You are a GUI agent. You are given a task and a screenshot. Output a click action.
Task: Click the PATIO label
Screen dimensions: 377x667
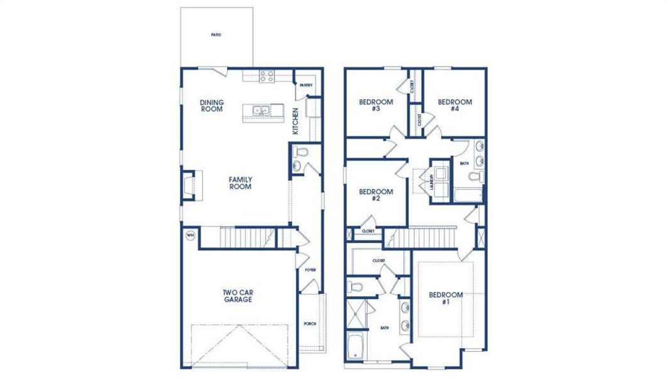coord(216,35)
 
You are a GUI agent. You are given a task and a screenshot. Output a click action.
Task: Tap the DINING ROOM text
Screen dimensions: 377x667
coord(212,106)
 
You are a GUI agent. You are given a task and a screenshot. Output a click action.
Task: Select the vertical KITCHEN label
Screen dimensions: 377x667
coord(295,121)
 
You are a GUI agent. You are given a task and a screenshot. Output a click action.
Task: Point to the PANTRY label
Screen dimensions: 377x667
coord(306,85)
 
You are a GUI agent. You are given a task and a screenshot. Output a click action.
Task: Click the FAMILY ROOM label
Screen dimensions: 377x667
coord(240,183)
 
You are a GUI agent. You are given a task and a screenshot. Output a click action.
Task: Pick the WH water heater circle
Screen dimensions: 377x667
coord(190,236)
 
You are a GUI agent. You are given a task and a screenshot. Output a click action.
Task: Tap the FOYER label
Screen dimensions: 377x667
coord(310,270)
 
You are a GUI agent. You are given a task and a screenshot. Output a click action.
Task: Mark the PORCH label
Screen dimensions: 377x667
coord(310,324)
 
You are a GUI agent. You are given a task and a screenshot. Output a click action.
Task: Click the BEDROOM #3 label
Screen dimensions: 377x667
coord(376,106)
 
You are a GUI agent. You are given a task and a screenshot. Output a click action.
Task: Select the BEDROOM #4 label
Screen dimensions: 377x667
coord(455,106)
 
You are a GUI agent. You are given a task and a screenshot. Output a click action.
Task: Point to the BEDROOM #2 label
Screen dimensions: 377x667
coord(376,195)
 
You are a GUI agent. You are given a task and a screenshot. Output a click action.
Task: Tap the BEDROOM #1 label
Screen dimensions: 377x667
coord(446,298)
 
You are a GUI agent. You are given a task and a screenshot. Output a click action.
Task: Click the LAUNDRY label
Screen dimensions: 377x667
coord(432,182)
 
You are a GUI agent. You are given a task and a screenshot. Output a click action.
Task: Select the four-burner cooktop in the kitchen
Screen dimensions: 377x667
coord(267,76)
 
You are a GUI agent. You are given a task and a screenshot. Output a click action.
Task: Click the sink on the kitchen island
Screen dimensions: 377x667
coord(261,111)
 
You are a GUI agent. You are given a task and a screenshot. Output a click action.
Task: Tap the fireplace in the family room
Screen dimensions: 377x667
coord(189,185)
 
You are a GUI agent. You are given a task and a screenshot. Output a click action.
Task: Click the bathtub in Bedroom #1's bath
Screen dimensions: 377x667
coord(357,347)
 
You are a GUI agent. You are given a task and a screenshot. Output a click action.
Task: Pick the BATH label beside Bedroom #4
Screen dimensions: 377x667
coord(464,163)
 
